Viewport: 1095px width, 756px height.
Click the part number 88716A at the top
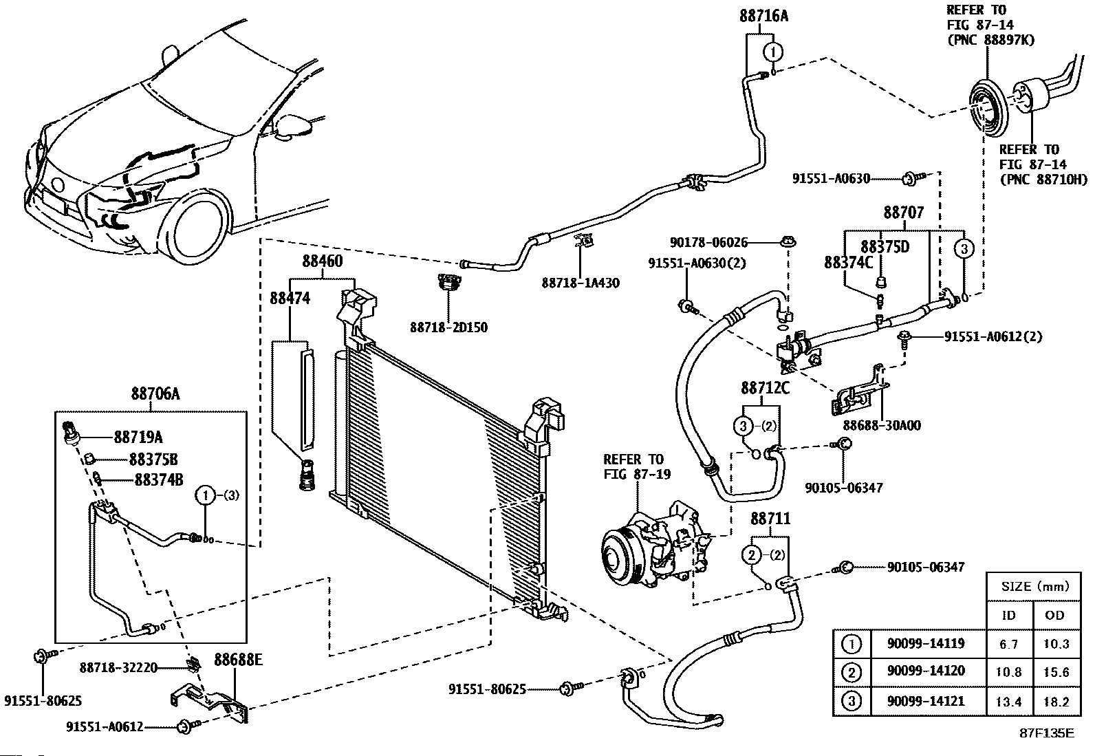pos(763,16)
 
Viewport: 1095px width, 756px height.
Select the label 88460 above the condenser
pos(322,261)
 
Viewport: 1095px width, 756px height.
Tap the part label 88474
pos(290,298)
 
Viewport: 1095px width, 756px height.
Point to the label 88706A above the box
pos(155,393)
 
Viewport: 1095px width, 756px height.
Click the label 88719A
pos(138,437)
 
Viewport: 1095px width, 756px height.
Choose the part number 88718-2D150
pos(448,327)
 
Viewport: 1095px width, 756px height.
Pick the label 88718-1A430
pos(581,283)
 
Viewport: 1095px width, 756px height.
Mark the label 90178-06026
pos(708,242)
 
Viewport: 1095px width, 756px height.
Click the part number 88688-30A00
pos(882,425)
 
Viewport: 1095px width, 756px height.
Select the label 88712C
pos(765,388)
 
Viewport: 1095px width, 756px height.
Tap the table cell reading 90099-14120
pos(926,671)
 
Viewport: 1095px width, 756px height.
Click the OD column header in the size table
pos(1054,615)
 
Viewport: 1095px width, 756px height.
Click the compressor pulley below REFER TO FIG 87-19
pos(618,556)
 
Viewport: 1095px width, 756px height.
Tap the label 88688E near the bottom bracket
pos(238,660)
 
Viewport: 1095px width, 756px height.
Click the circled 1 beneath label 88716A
pos(773,52)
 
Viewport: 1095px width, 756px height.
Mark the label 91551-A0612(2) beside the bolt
pos(993,336)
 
